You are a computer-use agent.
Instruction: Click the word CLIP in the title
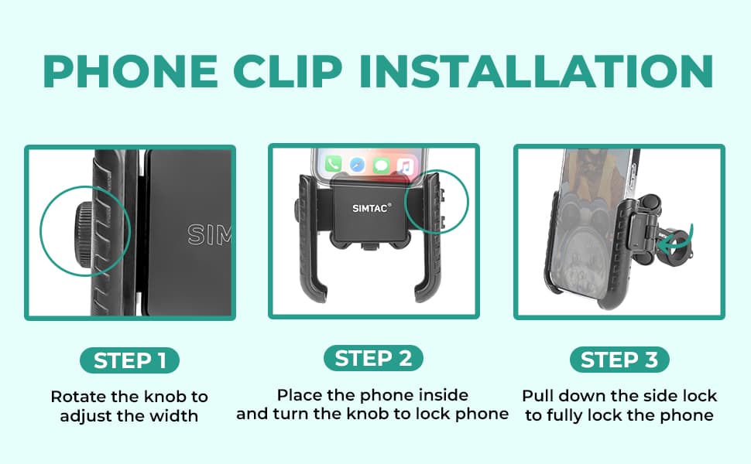(288, 71)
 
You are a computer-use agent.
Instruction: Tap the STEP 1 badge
(129, 360)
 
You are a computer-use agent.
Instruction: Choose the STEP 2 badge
(374, 358)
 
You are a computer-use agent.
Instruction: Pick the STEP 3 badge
(619, 360)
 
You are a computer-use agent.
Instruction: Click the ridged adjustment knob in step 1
(85, 231)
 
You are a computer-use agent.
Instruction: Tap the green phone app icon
(334, 164)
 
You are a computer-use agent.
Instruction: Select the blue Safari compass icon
(357, 165)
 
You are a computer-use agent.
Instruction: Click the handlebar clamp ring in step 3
(671, 252)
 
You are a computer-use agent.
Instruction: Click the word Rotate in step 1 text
(78, 397)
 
